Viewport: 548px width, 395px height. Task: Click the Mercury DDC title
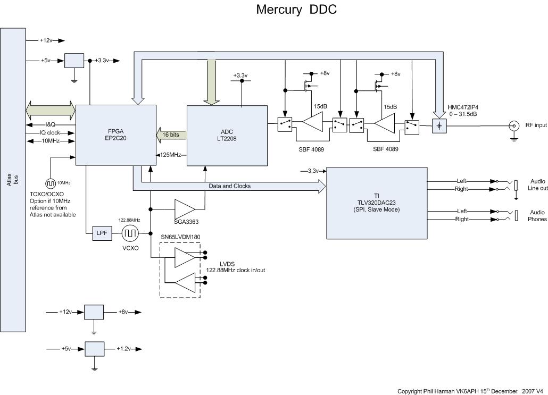pyautogui.click(x=296, y=10)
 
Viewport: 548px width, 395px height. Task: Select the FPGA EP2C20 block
pyautogui.click(x=116, y=135)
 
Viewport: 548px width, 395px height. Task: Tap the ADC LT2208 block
pyautogui.click(x=227, y=135)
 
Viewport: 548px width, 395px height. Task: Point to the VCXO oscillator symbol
pyautogui.click(x=130, y=233)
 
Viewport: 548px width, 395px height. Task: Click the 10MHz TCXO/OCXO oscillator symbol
pyautogui.click(x=51, y=183)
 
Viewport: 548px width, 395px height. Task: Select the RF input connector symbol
pyautogui.click(x=514, y=126)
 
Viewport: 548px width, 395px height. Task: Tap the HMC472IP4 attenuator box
pyautogui.click(x=439, y=126)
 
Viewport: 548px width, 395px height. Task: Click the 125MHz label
pyautogui.click(x=171, y=155)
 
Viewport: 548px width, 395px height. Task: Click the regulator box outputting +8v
pyautogui.click(x=94, y=312)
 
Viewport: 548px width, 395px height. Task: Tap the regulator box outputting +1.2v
pyautogui.click(x=94, y=349)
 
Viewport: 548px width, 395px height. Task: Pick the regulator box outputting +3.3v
pyautogui.click(x=74, y=61)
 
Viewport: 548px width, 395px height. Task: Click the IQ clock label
pyautogui.click(x=49, y=132)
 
